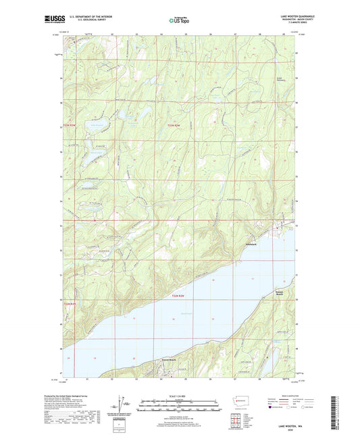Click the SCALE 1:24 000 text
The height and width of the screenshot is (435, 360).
click(x=180, y=396)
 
